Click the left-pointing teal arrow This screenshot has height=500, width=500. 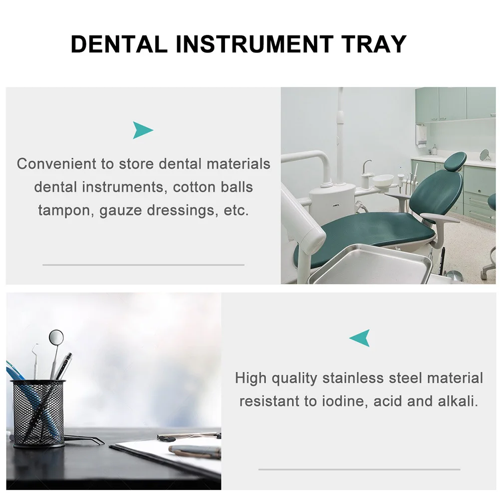point(360,338)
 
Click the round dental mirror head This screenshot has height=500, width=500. point(56,337)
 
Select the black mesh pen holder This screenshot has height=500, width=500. point(38,413)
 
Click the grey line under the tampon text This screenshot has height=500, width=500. point(143,264)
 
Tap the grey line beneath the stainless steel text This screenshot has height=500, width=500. point(359,469)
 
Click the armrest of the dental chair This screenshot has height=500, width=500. point(440,218)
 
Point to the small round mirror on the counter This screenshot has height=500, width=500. point(484,155)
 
